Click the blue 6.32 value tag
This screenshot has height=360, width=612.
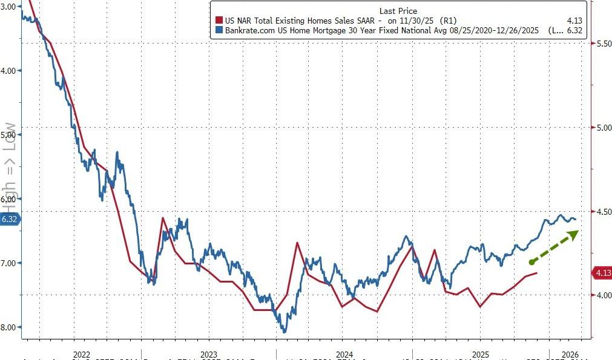point(10,219)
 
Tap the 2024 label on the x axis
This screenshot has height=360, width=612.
point(344,354)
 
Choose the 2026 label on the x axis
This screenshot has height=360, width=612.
point(569,354)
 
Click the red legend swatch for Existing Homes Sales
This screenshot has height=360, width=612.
point(219,20)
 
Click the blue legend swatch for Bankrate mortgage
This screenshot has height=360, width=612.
point(219,30)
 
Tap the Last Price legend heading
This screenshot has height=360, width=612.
point(398,10)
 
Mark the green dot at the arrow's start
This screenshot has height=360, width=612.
point(531,262)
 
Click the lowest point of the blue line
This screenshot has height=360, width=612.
point(285,332)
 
